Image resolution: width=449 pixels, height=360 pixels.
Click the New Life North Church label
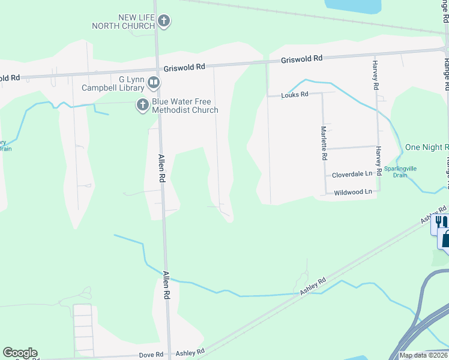click(124, 22)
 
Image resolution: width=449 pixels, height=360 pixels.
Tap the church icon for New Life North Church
click(163, 22)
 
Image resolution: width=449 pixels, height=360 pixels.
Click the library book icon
click(154, 82)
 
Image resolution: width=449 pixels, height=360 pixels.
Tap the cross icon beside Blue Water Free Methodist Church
click(142, 105)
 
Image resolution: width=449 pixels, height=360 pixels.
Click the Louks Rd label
click(295, 95)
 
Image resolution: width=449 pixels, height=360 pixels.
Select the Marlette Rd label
click(324, 143)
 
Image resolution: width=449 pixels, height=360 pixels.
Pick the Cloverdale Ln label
click(352, 175)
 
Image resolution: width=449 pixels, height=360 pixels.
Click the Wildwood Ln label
click(353, 192)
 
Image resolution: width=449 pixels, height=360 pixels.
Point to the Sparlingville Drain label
click(408, 172)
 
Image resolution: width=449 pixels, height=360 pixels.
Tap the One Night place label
click(427, 147)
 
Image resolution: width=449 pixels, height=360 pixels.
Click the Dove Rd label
click(152, 354)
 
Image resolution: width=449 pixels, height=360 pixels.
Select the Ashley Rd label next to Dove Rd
click(190, 352)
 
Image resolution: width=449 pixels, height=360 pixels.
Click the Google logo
click(20, 353)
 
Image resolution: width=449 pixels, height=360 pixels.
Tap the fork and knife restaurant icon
click(441, 221)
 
